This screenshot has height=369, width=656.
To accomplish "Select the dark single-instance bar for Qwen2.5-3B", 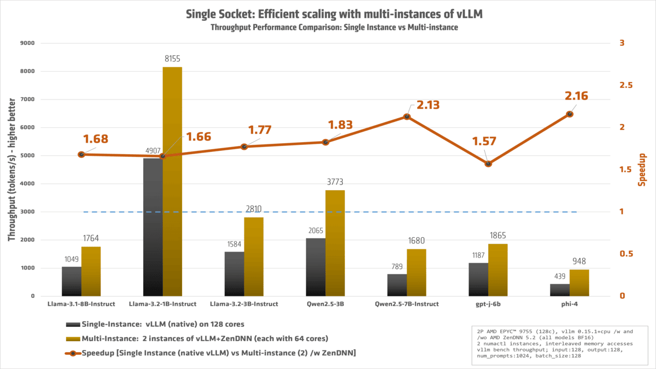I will pos(315,267).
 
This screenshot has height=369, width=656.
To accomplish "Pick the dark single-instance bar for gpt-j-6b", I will pos(478,279).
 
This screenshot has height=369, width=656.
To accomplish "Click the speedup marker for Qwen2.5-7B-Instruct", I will pos(407,117).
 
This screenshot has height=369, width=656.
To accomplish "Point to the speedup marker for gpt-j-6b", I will pos(488,164).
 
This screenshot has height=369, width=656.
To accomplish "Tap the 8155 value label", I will pos(172,58).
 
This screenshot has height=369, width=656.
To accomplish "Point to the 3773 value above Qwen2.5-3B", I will pos(335,181).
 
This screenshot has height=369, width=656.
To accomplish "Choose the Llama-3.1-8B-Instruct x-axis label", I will pos(81,304).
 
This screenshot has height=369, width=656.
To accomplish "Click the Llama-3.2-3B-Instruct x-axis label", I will pos(244,304).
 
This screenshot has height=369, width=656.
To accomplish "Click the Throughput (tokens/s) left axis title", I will pos(11,169).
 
